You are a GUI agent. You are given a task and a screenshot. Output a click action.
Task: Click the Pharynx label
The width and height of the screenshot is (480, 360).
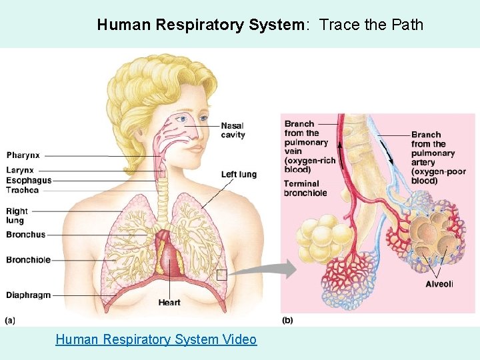[23, 155]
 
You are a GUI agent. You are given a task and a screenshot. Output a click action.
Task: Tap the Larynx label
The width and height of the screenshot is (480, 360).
[20, 171]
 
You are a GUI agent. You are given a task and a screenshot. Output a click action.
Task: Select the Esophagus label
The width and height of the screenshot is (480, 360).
[29, 180]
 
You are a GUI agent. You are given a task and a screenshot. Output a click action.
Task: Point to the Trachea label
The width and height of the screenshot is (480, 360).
[23, 190]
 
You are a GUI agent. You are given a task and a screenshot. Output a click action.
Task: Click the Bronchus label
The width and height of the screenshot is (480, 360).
[26, 235]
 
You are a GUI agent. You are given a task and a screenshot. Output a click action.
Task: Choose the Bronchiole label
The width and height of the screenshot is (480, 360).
[29, 259]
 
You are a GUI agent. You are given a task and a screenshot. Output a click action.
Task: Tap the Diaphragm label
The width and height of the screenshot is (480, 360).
[29, 295]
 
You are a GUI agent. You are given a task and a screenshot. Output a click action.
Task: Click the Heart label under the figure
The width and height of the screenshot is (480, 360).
[169, 303]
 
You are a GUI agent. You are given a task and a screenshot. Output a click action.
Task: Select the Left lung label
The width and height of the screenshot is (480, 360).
[239, 175]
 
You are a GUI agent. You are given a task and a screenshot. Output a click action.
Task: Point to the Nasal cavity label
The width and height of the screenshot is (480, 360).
[233, 130]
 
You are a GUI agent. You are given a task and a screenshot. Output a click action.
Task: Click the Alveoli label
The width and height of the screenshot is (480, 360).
[439, 284]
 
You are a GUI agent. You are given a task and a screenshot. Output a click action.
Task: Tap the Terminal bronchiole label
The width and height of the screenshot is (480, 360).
[305, 188]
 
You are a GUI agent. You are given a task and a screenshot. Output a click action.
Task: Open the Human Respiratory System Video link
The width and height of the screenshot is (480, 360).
[156, 339]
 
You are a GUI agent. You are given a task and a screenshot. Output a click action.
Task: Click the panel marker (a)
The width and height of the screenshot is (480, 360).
[10, 321]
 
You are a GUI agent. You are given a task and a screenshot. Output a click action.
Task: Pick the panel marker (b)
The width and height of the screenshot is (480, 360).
[287, 321]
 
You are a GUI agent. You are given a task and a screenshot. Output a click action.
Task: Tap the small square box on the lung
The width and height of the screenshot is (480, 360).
[222, 274]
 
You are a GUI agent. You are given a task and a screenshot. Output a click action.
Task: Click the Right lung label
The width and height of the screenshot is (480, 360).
[17, 215]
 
